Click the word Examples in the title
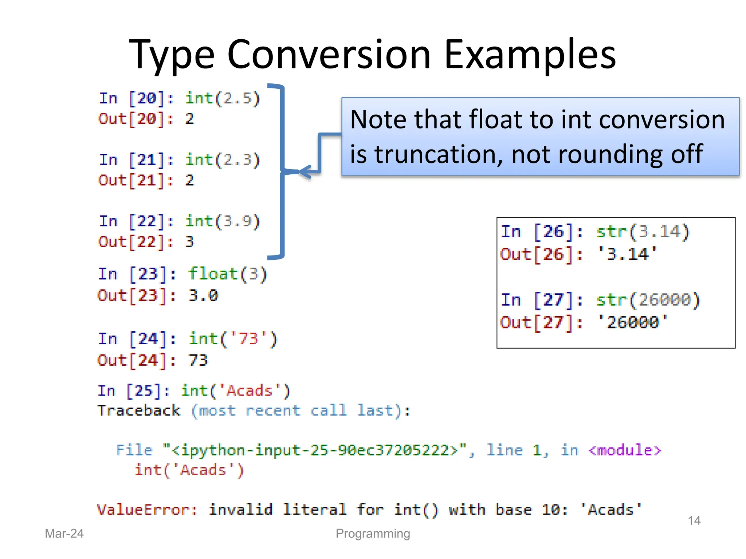pyautogui.click(x=530, y=55)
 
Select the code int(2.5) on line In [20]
pyautogui.click(x=223, y=98)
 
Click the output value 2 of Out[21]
pyautogui.click(x=189, y=181)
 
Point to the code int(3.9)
pyautogui.click(x=223, y=221)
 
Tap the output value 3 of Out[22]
pyautogui.click(x=189, y=242)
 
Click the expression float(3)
pyautogui.click(x=228, y=274)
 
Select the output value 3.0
pyautogui.click(x=203, y=295)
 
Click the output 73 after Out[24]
pyautogui.click(x=198, y=360)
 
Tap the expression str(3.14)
pyautogui.click(x=643, y=232)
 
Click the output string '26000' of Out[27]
pyautogui.click(x=633, y=322)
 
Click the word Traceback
pyautogui.click(x=139, y=411)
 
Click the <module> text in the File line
pyautogui.click(x=624, y=451)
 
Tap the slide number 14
pyautogui.click(x=694, y=520)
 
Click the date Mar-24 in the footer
pyautogui.click(x=64, y=534)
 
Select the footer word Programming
pyautogui.click(x=373, y=534)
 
